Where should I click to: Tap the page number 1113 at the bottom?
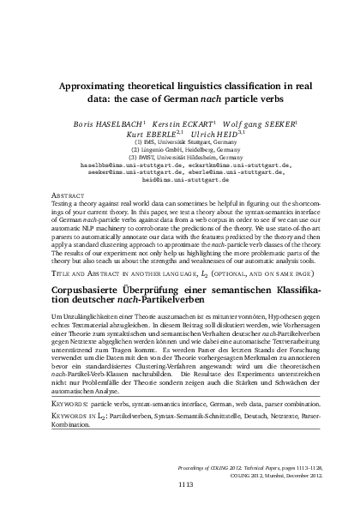pyautogui.click(x=180, y=484)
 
